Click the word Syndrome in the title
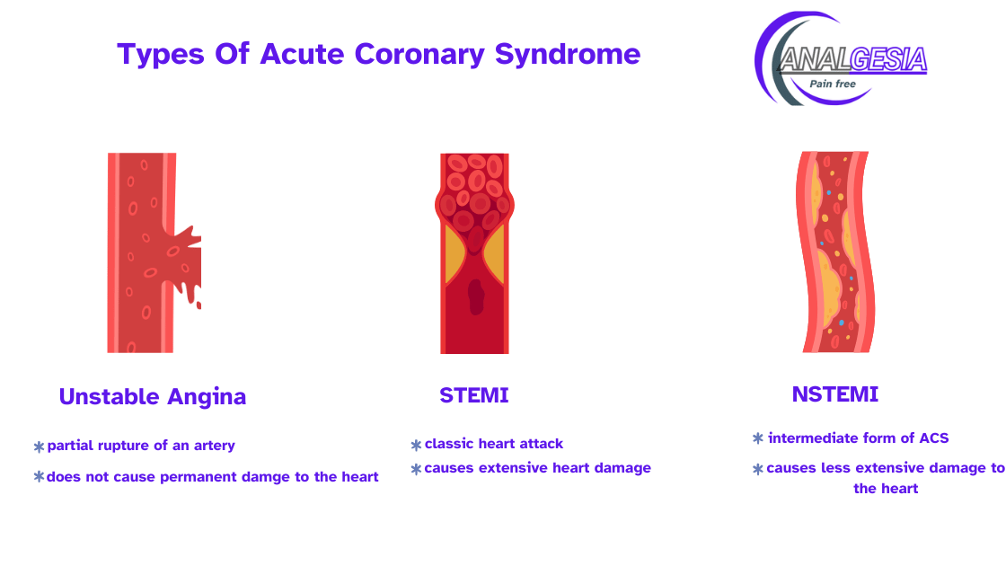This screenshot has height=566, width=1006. point(568,55)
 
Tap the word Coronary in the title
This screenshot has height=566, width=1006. point(419,55)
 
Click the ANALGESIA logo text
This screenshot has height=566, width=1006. point(853,59)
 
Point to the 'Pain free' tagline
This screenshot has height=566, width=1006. point(833,84)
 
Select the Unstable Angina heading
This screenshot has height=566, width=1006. point(153,396)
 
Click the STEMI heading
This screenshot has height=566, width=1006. point(474,395)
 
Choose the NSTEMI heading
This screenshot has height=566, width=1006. point(835,394)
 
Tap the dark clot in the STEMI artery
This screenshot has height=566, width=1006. point(476,297)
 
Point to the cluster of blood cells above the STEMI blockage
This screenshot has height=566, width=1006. point(475,192)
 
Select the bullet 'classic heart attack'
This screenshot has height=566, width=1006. point(493,444)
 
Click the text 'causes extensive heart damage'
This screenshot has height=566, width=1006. point(538,468)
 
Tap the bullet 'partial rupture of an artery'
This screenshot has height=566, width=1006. point(141,446)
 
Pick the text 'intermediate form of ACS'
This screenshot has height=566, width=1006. point(859,438)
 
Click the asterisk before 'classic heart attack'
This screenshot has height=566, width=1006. point(417,445)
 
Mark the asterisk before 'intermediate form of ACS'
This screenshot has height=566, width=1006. point(758,438)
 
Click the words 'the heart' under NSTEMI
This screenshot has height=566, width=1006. point(886,489)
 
